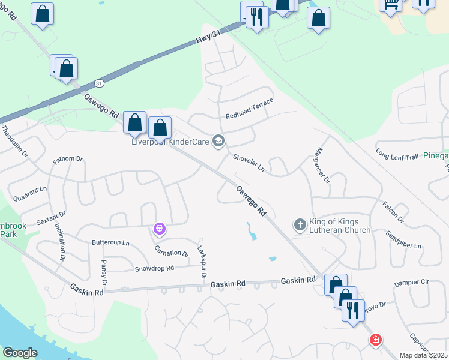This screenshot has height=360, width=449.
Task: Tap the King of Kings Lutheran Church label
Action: click(x=340, y=226)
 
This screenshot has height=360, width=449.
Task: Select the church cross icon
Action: click(x=300, y=225)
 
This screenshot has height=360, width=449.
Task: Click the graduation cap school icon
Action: click(x=218, y=141)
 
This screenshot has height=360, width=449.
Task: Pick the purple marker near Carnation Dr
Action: click(x=159, y=229)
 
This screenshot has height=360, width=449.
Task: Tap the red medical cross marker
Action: click(x=376, y=340)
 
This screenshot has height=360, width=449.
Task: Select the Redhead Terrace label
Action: click(x=249, y=109)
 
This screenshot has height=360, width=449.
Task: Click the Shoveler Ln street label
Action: click(x=249, y=163)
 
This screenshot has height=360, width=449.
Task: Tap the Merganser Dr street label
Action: click(x=323, y=165)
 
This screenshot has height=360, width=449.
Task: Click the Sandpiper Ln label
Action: click(x=404, y=239)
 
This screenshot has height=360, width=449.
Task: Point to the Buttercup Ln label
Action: click(x=110, y=243)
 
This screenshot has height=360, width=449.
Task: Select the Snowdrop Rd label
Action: click(x=154, y=269)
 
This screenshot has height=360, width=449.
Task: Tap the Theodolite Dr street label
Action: click(x=14, y=142)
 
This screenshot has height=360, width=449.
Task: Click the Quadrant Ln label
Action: click(x=30, y=190)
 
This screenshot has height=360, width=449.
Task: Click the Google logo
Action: click(x=20, y=353)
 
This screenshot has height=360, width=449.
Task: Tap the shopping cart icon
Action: click(x=391, y=5)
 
